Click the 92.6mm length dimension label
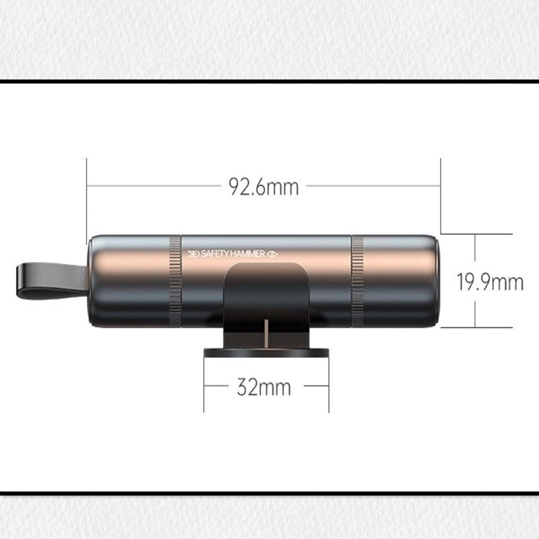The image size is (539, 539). pyautogui.click(x=263, y=187)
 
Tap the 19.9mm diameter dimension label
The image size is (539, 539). pyautogui.click(x=490, y=282)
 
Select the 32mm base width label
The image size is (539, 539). pyautogui.click(x=263, y=387)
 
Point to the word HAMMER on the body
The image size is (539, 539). pyautogui.click(x=247, y=254)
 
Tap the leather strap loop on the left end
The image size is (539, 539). pyautogui.click(x=52, y=280)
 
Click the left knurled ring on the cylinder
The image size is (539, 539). pyautogui.click(x=175, y=281)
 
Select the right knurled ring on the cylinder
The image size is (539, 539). pyautogui.click(x=358, y=281)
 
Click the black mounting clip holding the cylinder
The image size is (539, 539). pyautogui.click(x=266, y=303)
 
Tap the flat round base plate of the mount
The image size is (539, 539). pyautogui.click(x=266, y=353)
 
